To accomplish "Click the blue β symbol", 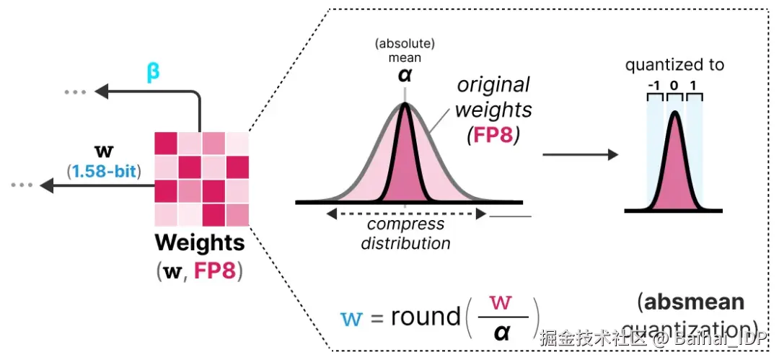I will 153,74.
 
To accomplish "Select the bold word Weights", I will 200,242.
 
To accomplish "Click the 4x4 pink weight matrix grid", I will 201,178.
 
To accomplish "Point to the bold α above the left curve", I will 405,74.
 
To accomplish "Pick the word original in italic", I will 493,84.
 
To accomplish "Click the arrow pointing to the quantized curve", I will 581,155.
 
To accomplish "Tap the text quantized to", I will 674,65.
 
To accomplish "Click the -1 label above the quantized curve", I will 654,85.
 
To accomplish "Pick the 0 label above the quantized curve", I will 674,85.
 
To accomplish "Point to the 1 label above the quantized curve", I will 694,85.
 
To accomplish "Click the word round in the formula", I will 426,317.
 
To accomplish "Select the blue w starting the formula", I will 352,318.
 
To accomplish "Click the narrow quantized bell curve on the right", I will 674,166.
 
